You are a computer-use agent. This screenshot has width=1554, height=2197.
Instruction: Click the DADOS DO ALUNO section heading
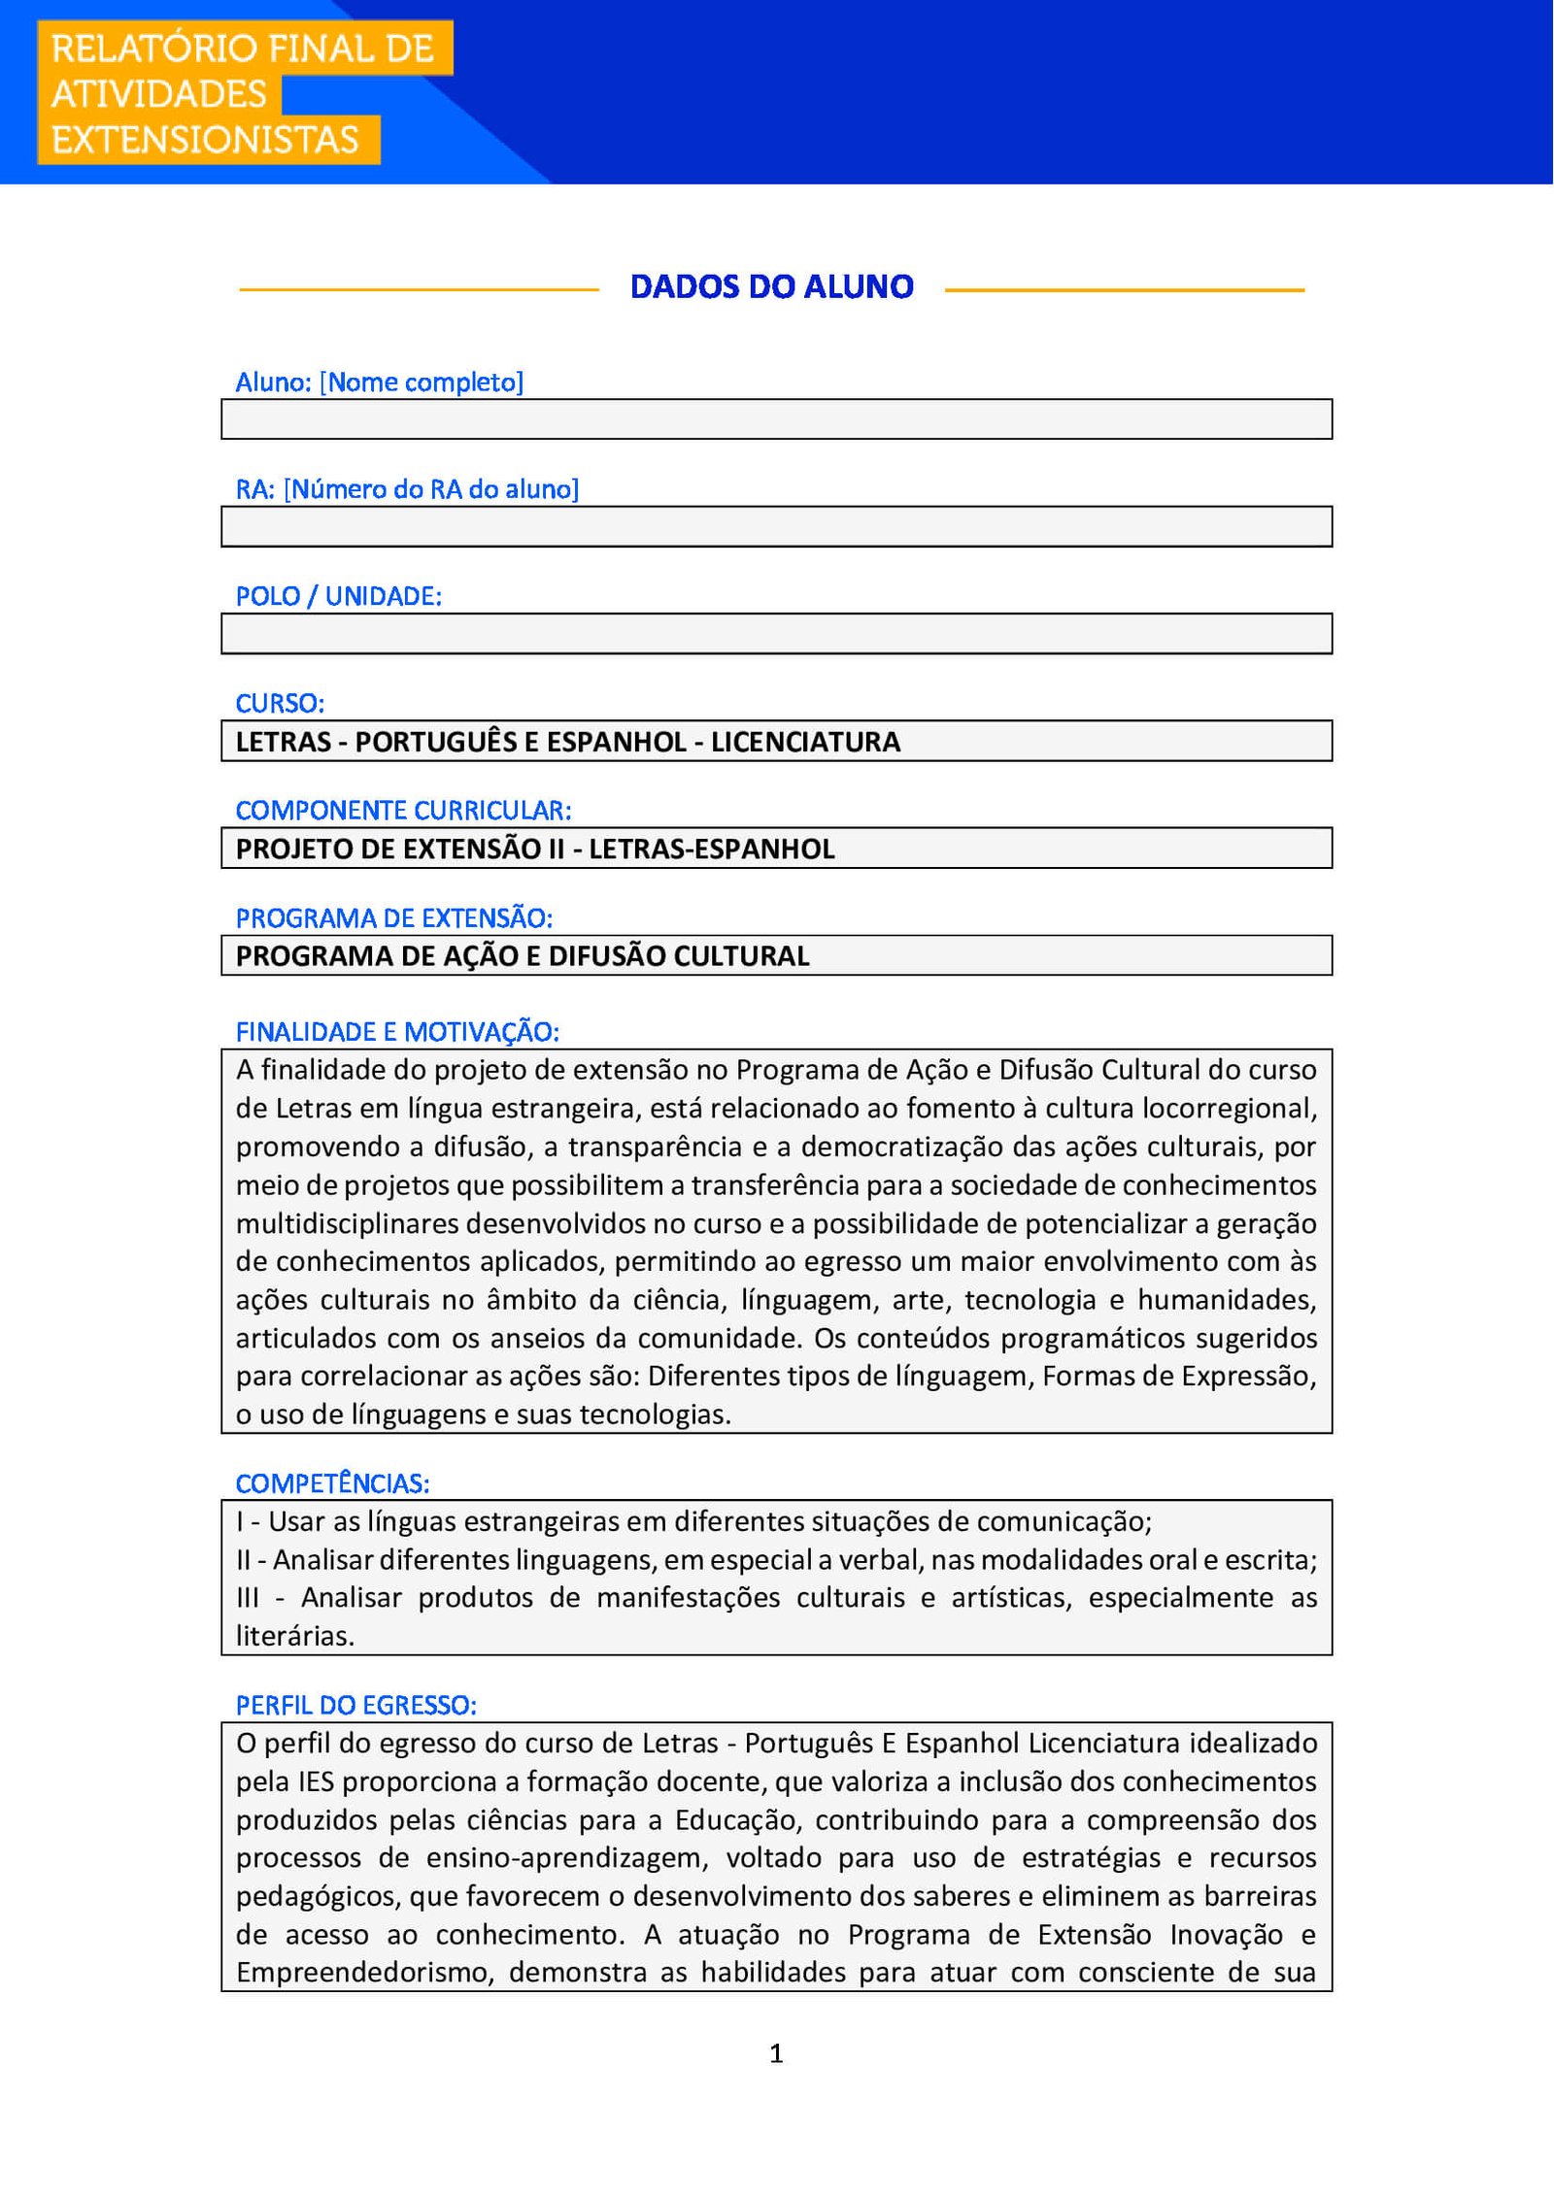[x=771, y=287]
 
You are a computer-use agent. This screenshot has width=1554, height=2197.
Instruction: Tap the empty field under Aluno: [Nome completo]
[x=776, y=419]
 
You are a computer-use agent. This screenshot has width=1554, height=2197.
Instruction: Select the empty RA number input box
[x=776, y=526]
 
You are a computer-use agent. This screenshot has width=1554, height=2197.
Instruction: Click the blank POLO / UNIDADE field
[x=776, y=633]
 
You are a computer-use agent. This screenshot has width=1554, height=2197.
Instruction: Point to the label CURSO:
[x=280, y=703]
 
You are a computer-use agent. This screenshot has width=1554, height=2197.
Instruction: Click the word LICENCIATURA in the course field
[x=805, y=742]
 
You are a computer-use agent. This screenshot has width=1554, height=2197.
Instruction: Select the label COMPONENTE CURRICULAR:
[x=403, y=810]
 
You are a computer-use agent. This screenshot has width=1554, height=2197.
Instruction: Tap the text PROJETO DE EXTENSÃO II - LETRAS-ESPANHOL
[x=535, y=849]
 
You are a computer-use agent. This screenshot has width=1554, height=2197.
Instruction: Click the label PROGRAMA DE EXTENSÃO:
[x=393, y=917]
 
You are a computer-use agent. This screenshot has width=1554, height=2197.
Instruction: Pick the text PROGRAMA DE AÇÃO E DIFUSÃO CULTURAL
[x=523, y=956]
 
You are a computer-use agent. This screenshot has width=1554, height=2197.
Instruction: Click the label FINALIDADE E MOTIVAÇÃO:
[x=397, y=1031]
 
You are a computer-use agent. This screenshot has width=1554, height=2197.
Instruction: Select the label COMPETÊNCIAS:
[x=332, y=1483]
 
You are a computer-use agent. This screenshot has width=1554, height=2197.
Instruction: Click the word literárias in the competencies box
[x=294, y=1636]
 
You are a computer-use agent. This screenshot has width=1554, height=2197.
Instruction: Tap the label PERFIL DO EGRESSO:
[x=355, y=1705]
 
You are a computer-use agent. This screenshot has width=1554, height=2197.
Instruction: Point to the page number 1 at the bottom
[x=776, y=2053]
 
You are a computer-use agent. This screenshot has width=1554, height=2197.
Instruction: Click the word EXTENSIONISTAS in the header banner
[x=205, y=140]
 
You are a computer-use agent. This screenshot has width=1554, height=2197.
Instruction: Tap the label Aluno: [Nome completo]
[x=379, y=383]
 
